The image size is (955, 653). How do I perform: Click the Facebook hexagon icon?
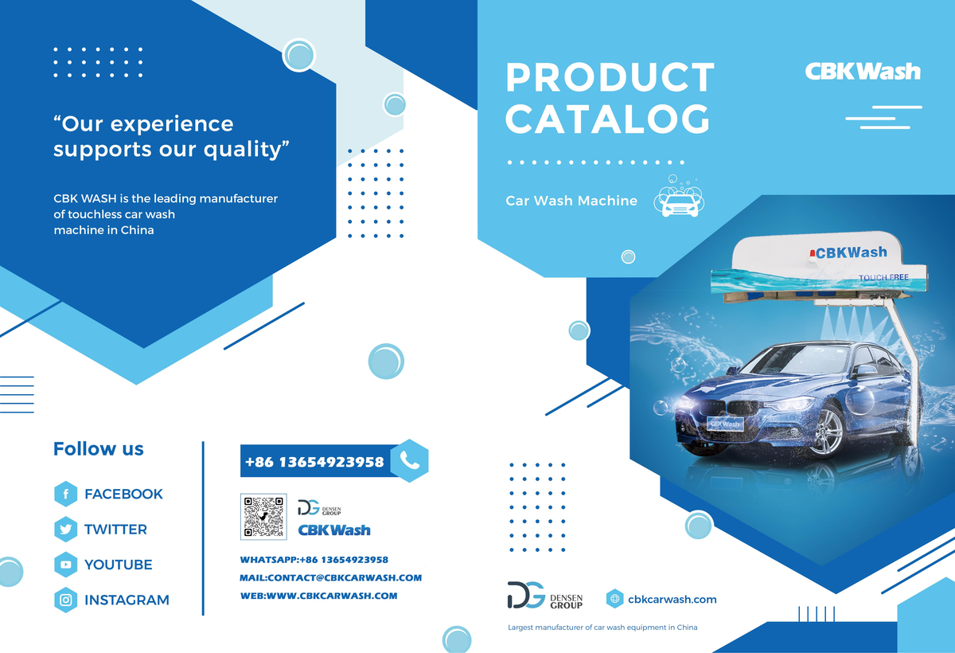(65, 494)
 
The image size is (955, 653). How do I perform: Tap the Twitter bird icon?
(65, 530)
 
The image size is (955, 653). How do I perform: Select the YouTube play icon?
(65, 565)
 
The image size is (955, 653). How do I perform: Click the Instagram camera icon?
(65, 600)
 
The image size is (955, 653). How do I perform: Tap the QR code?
(263, 517)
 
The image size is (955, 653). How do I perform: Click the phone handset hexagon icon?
(410, 460)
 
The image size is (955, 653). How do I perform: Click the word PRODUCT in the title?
(610, 77)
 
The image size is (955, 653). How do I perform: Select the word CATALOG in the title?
(608, 118)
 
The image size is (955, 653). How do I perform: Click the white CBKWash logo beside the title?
(863, 71)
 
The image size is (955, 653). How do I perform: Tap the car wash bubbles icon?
(679, 197)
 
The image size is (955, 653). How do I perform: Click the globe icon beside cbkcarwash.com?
(614, 599)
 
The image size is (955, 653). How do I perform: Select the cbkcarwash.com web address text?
(672, 600)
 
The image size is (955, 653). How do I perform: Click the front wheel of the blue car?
(826, 430)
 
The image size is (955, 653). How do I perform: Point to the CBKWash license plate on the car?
(725, 424)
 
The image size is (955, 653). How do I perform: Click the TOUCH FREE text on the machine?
(883, 278)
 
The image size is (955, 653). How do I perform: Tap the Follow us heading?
(99, 448)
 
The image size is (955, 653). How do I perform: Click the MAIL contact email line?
(330, 577)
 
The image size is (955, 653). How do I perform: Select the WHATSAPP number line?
(314, 560)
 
